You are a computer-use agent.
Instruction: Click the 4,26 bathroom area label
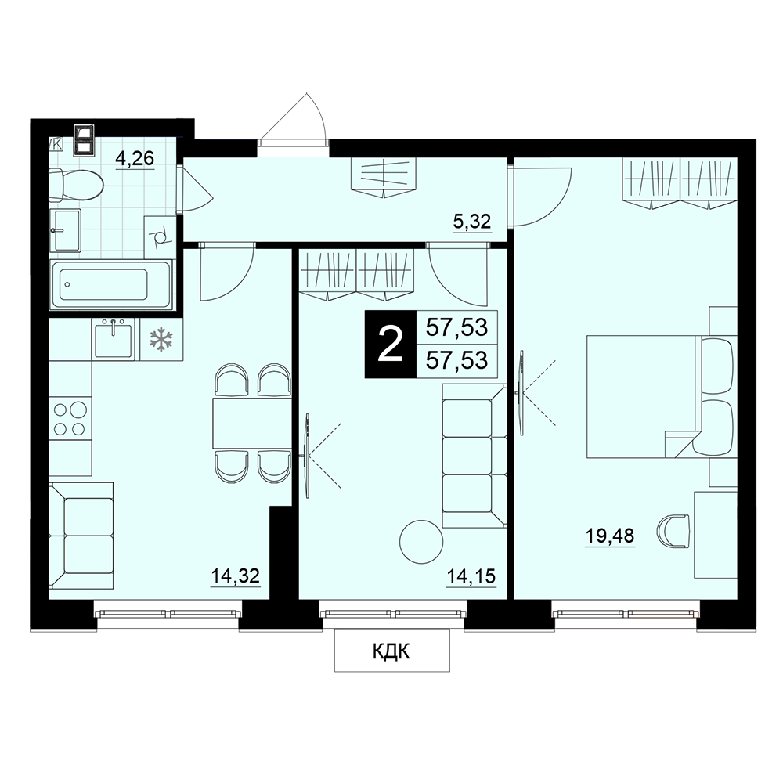135,159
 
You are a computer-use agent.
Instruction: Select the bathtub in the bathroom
110,285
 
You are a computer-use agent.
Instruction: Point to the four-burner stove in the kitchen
70,419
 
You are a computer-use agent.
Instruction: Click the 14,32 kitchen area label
235,576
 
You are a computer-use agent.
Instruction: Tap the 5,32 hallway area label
472,222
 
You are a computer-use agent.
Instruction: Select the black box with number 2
391,344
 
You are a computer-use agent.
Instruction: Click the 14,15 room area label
471,576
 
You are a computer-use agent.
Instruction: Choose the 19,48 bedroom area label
610,536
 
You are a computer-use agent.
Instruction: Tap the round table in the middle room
421,542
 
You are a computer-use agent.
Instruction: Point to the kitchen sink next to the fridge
114,339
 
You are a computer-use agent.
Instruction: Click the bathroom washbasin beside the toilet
65,230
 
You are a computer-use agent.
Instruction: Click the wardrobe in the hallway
384,177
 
